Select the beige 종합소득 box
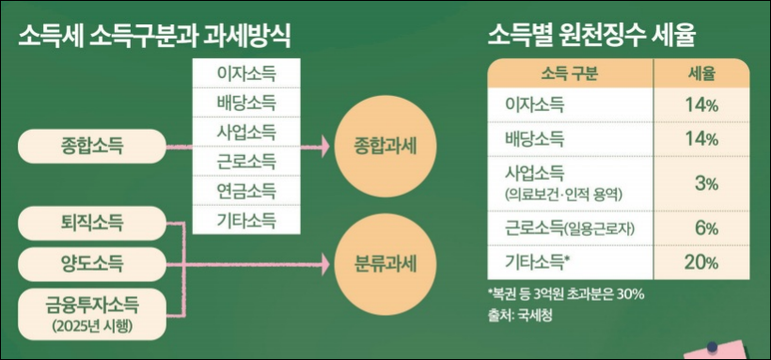(x=90, y=146)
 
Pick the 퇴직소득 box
(x=90, y=224)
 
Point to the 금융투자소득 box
(x=90, y=309)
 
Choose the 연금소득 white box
(x=245, y=193)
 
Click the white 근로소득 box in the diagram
(x=245, y=162)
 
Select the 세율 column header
(x=701, y=73)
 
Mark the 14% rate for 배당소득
(x=701, y=138)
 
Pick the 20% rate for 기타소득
(x=701, y=262)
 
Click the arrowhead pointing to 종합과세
(x=328, y=147)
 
